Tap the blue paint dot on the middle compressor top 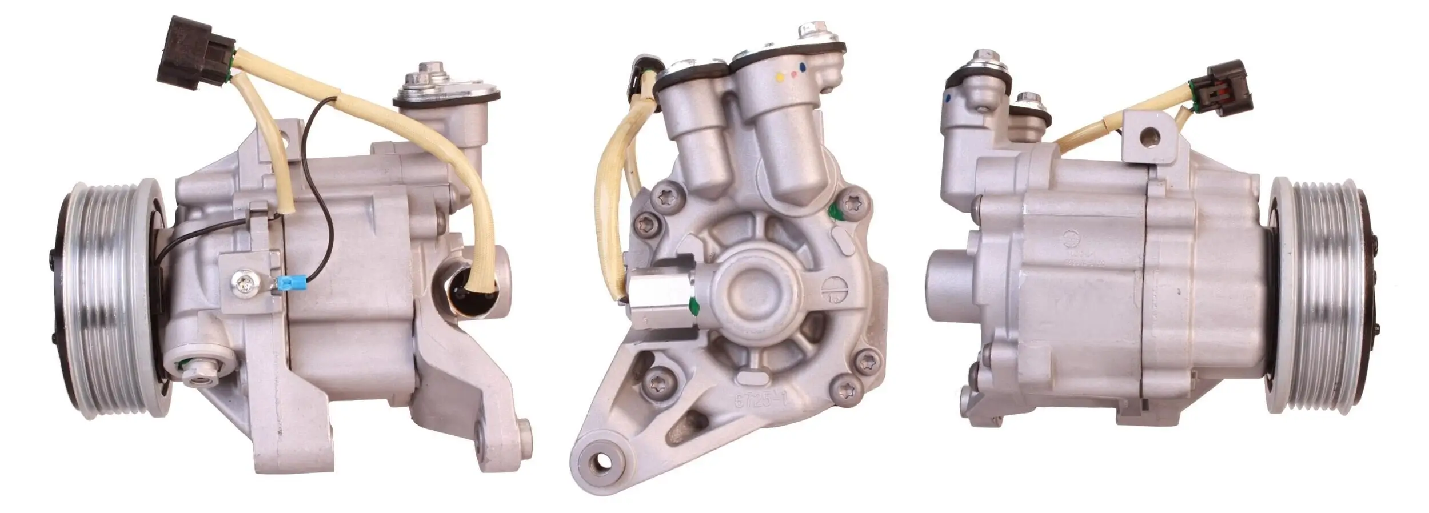pyautogui.click(x=804, y=67)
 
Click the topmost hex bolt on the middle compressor pyautogui.click(x=811, y=30)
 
